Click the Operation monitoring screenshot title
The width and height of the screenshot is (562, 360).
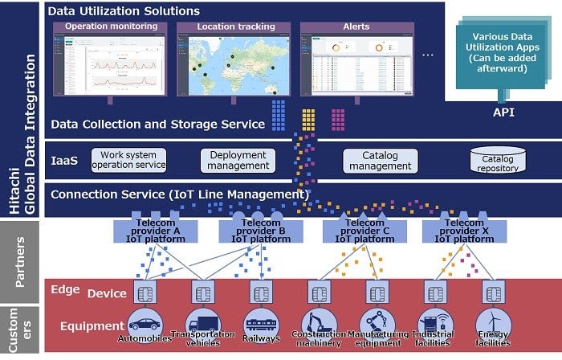point(109,27)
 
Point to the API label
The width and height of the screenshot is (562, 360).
point(503,113)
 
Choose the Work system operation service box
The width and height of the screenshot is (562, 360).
point(129,159)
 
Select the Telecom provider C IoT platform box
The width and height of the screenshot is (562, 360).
point(357,230)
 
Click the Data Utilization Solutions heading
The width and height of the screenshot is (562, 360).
point(124,11)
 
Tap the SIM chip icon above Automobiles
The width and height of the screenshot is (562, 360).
point(145,292)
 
